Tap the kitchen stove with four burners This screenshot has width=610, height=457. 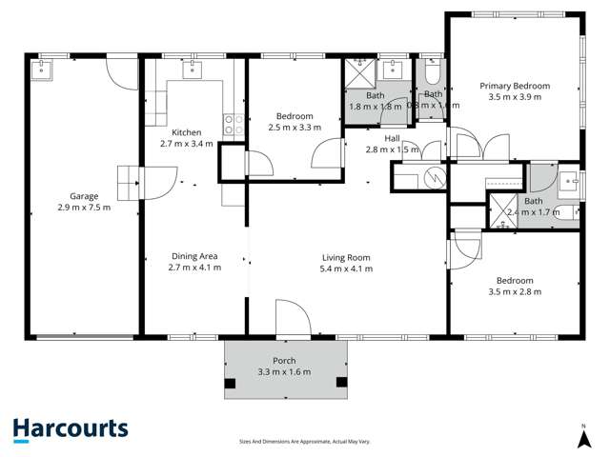[x=230, y=122]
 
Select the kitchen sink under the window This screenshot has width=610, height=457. [x=194, y=68]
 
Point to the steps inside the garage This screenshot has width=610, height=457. [x=129, y=179]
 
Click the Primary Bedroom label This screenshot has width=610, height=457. [x=515, y=86]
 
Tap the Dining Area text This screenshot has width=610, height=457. [x=194, y=256]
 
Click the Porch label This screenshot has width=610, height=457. [x=284, y=361]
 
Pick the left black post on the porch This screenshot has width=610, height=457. [x=231, y=385]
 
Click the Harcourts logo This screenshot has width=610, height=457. [x=71, y=429]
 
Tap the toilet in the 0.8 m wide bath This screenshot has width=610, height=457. [x=433, y=71]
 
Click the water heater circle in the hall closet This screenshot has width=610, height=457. [x=435, y=177]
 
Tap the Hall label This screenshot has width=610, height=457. [x=393, y=138]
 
